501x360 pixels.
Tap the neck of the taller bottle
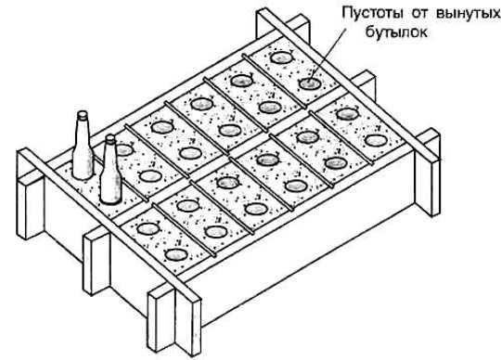(82, 125)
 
